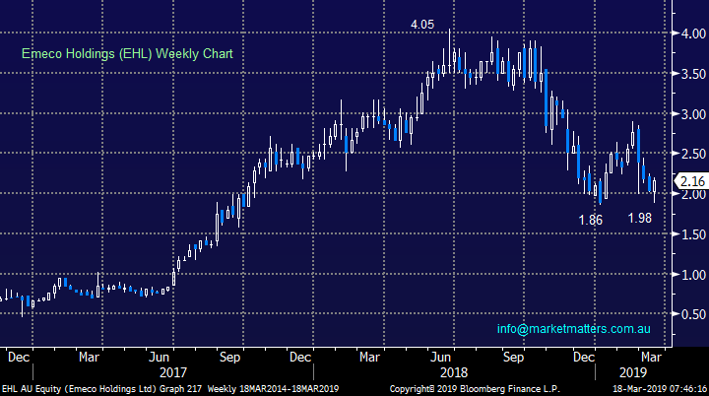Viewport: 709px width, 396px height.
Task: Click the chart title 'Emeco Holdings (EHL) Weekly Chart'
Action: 125,53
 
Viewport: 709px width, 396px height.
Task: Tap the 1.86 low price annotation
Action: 591,220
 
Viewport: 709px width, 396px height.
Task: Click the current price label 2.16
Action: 691,181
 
